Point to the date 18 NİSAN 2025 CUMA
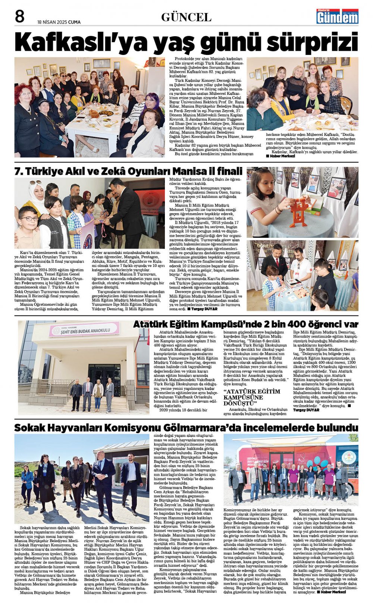pyautogui.click(x=59, y=22)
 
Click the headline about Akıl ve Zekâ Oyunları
pyautogui.click(x=128, y=171)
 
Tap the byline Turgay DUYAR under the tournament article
pyautogui.click(x=204, y=309)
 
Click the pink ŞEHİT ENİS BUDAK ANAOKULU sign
pyautogui.click(x=84, y=330)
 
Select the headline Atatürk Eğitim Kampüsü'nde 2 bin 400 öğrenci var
pyautogui.click(x=245, y=324)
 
